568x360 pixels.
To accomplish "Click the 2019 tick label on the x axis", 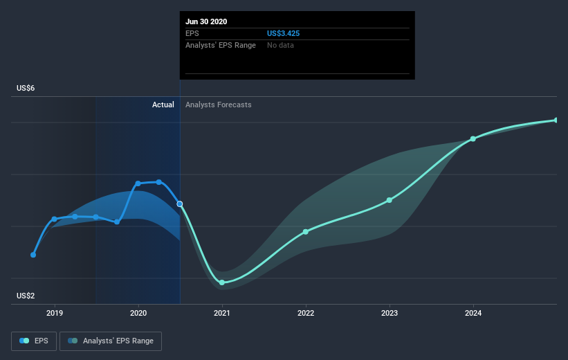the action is [x=55, y=313].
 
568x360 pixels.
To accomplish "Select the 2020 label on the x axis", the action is [x=138, y=313].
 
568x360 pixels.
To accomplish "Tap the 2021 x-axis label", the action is [x=221, y=313].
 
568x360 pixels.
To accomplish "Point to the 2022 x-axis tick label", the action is [x=305, y=313].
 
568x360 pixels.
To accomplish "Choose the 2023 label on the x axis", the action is [x=390, y=313].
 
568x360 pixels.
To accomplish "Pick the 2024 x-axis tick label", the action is [x=473, y=313].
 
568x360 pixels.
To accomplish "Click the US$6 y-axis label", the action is [x=26, y=88].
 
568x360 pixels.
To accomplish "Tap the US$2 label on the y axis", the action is [x=26, y=296].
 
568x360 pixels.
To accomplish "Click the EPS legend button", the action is [x=34, y=341].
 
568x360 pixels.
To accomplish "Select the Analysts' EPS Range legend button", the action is [x=111, y=341].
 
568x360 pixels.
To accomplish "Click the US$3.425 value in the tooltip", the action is [x=283, y=33].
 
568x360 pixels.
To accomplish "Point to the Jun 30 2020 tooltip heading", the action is [x=206, y=21].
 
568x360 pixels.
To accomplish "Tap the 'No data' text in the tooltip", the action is [x=280, y=45].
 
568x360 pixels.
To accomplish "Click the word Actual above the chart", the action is [x=163, y=105].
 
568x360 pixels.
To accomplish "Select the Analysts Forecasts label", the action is [x=219, y=105].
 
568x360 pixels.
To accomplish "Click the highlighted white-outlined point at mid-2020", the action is [x=180, y=204].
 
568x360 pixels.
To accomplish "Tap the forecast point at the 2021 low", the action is [x=222, y=282].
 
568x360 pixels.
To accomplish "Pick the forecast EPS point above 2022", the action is [x=306, y=232].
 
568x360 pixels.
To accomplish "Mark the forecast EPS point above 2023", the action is [x=390, y=200].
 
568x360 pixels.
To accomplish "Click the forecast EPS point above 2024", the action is [x=473, y=139].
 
